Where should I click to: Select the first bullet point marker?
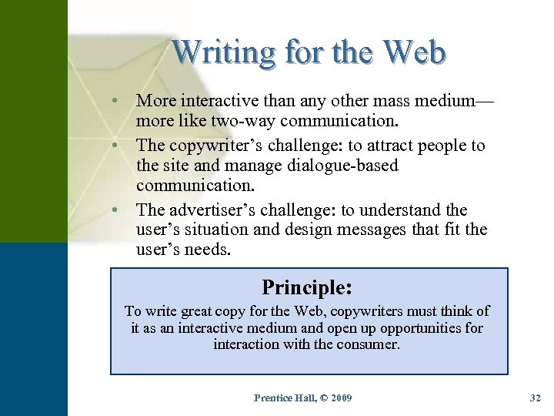tap(114, 101)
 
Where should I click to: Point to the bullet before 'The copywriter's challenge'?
tap(114, 146)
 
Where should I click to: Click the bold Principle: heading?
tap(307, 287)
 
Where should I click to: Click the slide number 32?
tap(536, 398)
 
